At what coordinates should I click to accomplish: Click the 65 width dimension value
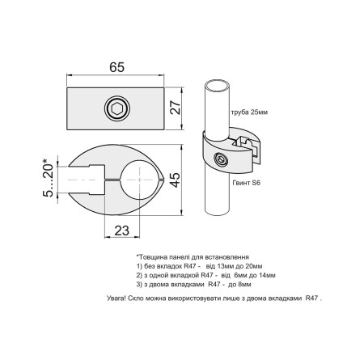117,67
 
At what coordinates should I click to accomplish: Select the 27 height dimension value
176,108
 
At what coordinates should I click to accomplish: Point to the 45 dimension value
176,180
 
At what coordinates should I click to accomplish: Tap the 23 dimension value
122,231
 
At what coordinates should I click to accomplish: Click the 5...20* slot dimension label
49,178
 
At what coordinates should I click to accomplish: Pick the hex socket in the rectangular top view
117,108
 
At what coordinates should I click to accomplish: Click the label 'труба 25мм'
249,112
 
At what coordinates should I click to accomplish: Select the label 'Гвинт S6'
247,183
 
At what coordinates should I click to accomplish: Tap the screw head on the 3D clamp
221,159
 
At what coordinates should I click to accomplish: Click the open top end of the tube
217,85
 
